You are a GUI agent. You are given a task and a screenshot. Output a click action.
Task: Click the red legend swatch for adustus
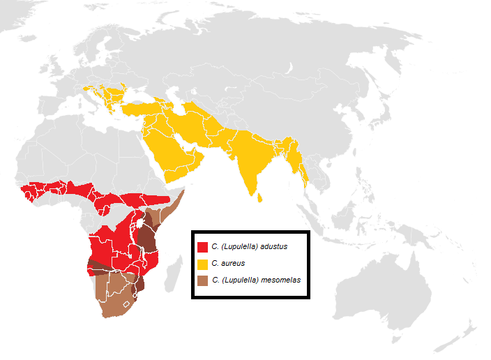tap(203, 246)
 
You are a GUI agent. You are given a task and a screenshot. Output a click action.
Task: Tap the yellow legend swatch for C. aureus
tap(203, 264)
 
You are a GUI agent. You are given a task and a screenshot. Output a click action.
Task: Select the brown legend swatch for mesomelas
tap(203, 280)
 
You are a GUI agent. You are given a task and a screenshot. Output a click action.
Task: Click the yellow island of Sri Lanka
tap(261, 197)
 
